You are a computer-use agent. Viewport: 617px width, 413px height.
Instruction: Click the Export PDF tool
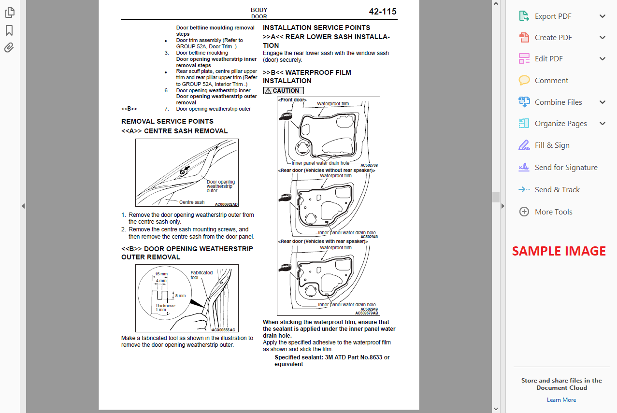click(x=553, y=16)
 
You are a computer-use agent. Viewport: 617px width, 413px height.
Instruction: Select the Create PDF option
click(x=553, y=38)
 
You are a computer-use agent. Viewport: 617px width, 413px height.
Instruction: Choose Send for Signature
click(x=566, y=168)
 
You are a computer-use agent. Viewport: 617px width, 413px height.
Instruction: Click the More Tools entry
click(x=553, y=212)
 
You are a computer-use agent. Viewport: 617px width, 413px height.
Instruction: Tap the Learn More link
click(x=561, y=400)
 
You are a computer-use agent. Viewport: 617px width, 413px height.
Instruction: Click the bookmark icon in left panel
click(x=9, y=31)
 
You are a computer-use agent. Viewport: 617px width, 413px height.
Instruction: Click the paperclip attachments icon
click(x=9, y=47)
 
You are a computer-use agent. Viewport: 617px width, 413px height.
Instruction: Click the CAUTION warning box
click(x=284, y=91)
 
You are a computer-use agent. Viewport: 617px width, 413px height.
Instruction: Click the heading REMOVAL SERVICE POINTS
click(x=167, y=121)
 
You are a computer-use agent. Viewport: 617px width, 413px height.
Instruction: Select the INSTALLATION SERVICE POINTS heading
click(x=316, y=28)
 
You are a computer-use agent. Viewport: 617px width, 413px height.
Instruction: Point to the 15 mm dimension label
click(x=160, y=274)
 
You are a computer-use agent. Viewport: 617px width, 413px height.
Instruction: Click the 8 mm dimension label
click(x=180, y=296)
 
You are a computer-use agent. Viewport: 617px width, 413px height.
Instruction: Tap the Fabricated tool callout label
click(x=201, y=275)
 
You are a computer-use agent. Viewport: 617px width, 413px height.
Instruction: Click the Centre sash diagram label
click(x=192, y=202)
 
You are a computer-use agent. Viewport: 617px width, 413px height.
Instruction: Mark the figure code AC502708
click(x=369, y=165)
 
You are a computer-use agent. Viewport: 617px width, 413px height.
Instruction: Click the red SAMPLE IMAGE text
click(x=559, y=251)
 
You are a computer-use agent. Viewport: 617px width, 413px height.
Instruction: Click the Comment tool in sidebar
click(x=551, y=81)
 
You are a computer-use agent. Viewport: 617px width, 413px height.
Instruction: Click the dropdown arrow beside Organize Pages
click(x=603, y=124)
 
